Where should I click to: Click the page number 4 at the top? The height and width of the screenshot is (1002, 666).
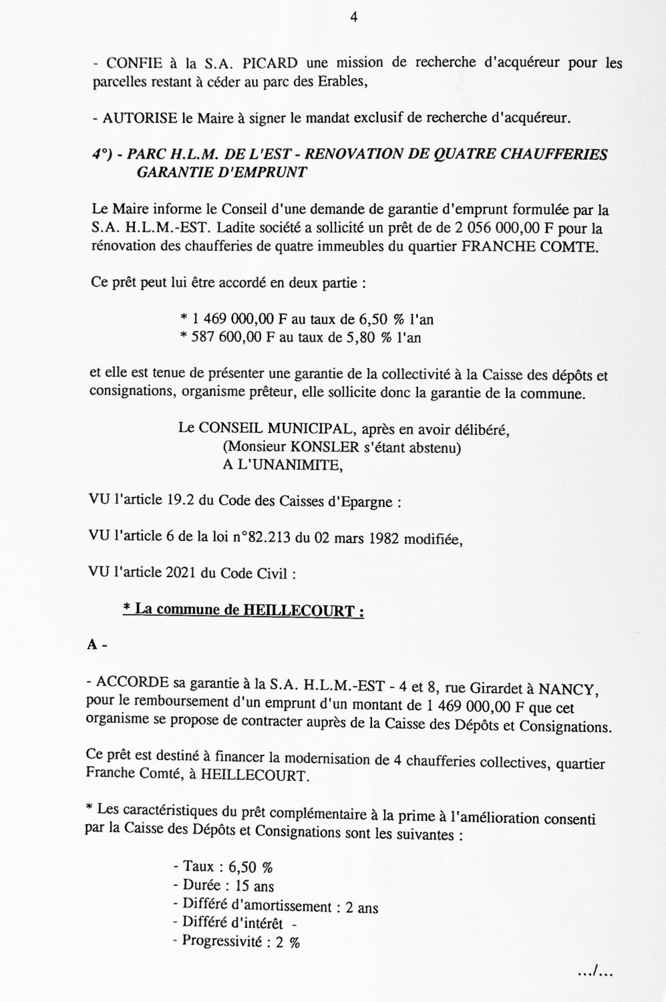(353, 18)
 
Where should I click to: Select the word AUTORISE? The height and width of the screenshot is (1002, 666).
(140, 119)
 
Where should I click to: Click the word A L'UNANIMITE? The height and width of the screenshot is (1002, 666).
(283, 465)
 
